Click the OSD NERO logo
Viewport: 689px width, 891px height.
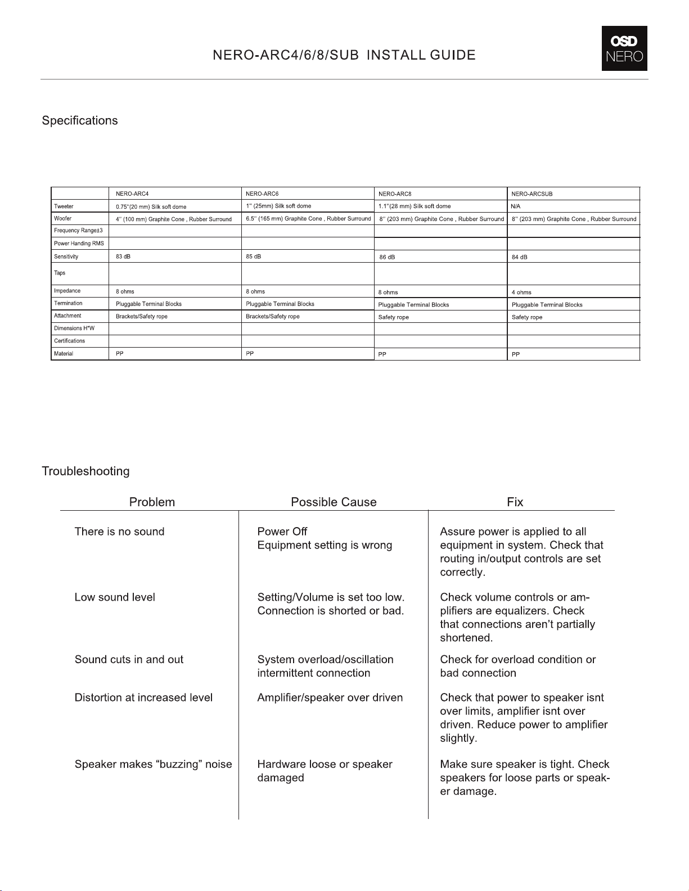pyautogui.click(x=624, y=48)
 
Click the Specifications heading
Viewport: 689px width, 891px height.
pyautogui.click(x=80, y=121)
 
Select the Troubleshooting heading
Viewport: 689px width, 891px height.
pyautogui.click(x=85, y=471)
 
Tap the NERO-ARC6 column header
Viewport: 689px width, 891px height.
pyautogui.click(x=262, y=193)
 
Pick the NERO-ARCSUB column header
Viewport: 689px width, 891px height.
pyautogui.click(x=532, y=194)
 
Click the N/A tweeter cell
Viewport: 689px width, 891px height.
pyautogui.click(x=516, y=206)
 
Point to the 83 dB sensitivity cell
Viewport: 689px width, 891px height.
pyautogui.click(x=123, y=256)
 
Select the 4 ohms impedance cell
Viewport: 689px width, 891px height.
pyautogui.click(x=521, y=292)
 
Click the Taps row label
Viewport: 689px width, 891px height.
pyautogui.click(x=60, y=273)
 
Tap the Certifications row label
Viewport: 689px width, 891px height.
pyautogui.click(x=70, y=341)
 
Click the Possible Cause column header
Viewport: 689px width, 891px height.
pyautogui.click(x=334, y=502)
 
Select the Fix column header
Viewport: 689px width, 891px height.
pyautogui.click(x=515, y=502)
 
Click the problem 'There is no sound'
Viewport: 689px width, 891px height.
pyautogui.click(x=119, y=532)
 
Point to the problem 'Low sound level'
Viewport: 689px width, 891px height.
pyautogui.click(x=115, y=597)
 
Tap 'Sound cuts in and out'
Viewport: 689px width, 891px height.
pyautogui.click(x=129, y=659)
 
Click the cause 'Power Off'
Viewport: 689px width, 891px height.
pyautogui.click(x=282, y=532)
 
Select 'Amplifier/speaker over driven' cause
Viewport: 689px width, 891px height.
pyautogui.click(x=330, y=697)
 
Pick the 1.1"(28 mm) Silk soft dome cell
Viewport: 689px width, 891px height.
pyautogui.click(x=415, y=206)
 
